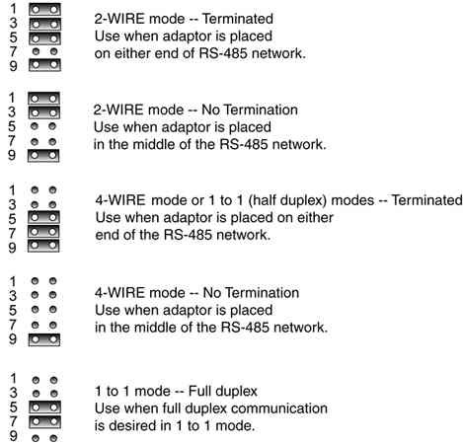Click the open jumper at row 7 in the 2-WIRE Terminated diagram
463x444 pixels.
click(44, 51)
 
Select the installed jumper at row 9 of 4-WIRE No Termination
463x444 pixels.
click(44, 339)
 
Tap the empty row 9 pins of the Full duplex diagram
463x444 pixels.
click(44, 438)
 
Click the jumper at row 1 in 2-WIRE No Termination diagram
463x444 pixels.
click(43, 99)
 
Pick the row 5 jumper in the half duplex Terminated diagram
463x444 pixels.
click(43, 217)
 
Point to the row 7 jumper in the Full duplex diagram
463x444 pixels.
click(44, 421)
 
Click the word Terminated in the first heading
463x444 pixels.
click(237, 19)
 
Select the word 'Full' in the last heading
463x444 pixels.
click(200, 392)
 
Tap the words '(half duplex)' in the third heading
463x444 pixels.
click(287, 200)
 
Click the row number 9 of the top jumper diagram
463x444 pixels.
click(13, 66)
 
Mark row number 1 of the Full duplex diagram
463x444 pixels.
click(13, 379)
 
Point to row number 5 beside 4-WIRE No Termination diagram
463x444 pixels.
click(13, 310)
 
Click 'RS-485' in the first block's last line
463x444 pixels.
click(223, 53)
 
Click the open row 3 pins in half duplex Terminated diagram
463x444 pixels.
click(43, 204)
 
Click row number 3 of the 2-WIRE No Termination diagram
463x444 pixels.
click(12, 112)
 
